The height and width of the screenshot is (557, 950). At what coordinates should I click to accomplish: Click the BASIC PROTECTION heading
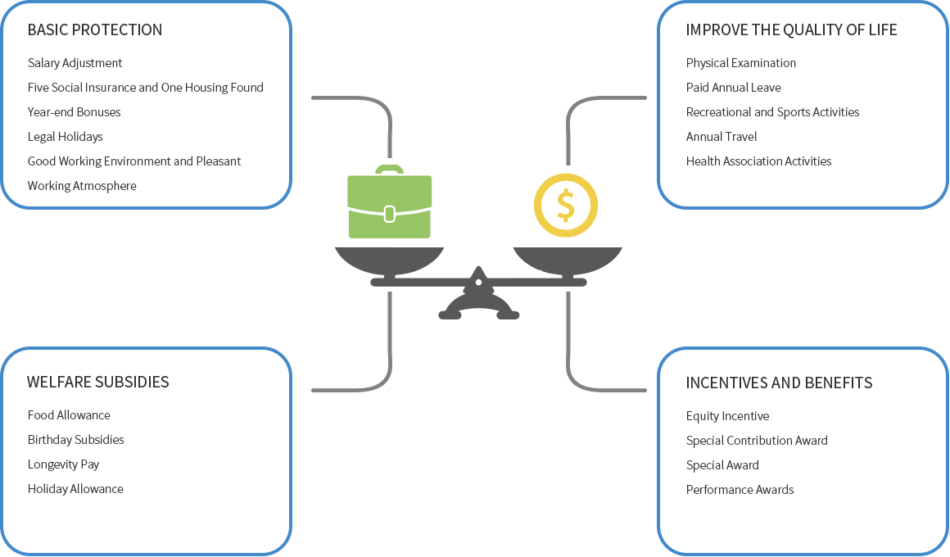click(x=95, y=29)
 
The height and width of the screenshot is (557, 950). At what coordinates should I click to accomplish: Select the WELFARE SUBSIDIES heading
click(x=98, y=382)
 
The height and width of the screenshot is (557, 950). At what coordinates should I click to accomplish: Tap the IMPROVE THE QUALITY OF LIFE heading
click(x=791, y=29)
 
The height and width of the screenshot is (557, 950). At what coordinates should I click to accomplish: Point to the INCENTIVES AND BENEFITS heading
click(x=779, y=383)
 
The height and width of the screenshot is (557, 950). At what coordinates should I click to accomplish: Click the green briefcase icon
click(x=390, y=202)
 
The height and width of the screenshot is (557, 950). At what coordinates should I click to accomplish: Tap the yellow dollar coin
click(x=566, y=205)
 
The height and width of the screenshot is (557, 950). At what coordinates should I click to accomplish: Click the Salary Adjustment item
click(x=75, y=63)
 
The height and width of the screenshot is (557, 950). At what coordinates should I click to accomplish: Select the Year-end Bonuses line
click(x=74, y=112)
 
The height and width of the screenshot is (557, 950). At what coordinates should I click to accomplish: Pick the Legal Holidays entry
click(x=66, y=137)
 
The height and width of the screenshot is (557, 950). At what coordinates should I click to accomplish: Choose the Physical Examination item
click(x=741, y=63)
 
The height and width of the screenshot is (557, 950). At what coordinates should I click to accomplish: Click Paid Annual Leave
click(x=733, y=88)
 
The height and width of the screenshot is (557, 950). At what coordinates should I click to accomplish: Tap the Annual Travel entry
click(x=722, y=136)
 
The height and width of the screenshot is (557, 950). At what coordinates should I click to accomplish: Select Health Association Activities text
click(x=758, y=161)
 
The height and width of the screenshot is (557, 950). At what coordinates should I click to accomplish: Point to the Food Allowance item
click(x=69, y=415)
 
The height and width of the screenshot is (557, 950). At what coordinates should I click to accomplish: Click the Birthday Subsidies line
click(x=75, y=440)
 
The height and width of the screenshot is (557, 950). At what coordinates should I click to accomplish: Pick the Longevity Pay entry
click(x=64, y=464)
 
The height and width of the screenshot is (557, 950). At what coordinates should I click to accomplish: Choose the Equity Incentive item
click(x=727, y=416)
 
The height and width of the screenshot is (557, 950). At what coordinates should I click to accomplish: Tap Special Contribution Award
click(x=757, y=441)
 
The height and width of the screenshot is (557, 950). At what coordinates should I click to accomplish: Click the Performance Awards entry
click(x=740, y=490)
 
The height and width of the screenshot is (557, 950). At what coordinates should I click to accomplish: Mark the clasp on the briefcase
click(x=390, y=214)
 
